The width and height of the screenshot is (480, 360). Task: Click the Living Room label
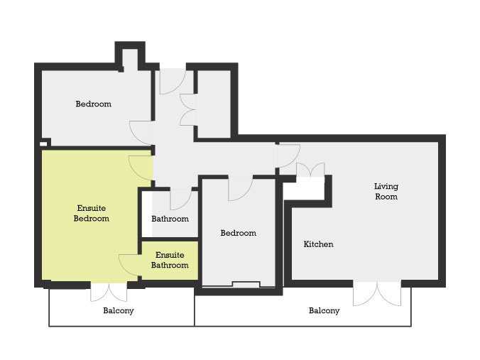[386, 191]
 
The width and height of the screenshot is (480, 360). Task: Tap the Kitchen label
[318, 244]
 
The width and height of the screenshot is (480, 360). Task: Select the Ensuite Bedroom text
[91, 213]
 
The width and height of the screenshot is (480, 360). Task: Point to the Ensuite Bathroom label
[170, 260]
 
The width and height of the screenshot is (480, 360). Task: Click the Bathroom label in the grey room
[170, 219]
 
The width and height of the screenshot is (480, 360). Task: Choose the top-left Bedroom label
[93, 104]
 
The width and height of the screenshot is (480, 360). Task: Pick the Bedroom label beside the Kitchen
[238, 233]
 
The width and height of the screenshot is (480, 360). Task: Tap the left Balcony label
[119, 311]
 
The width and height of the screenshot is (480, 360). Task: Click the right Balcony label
[324, 311]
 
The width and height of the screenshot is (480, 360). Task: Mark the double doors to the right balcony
[377, 293]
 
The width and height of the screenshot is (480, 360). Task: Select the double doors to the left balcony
[109, 292]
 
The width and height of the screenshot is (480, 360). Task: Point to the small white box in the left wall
[43, 143]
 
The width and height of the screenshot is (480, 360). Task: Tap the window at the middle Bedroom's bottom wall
[246, 285]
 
